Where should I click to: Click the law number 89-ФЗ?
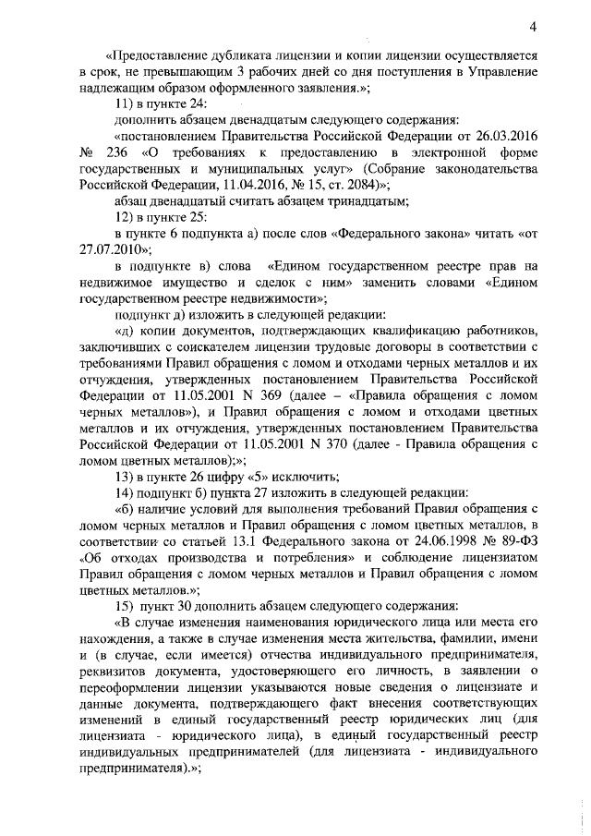coord(515,545)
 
